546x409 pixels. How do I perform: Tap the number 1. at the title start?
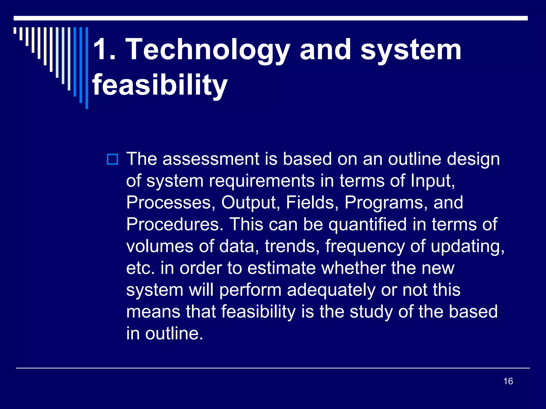(x=104, y=50)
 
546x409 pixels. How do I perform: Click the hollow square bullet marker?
(x=112, y=159)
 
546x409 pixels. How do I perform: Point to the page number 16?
(x=508, y=381)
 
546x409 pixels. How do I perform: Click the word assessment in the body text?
(x=211, y=159)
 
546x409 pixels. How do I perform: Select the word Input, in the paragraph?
(x=433, y=181)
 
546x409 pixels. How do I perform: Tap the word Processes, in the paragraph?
(x=171, y=203)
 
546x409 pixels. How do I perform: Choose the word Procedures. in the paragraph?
(x=175, y=224)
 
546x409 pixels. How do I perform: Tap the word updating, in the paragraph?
(x=467, y=247)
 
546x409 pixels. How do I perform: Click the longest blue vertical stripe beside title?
(x=87, y=68)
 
